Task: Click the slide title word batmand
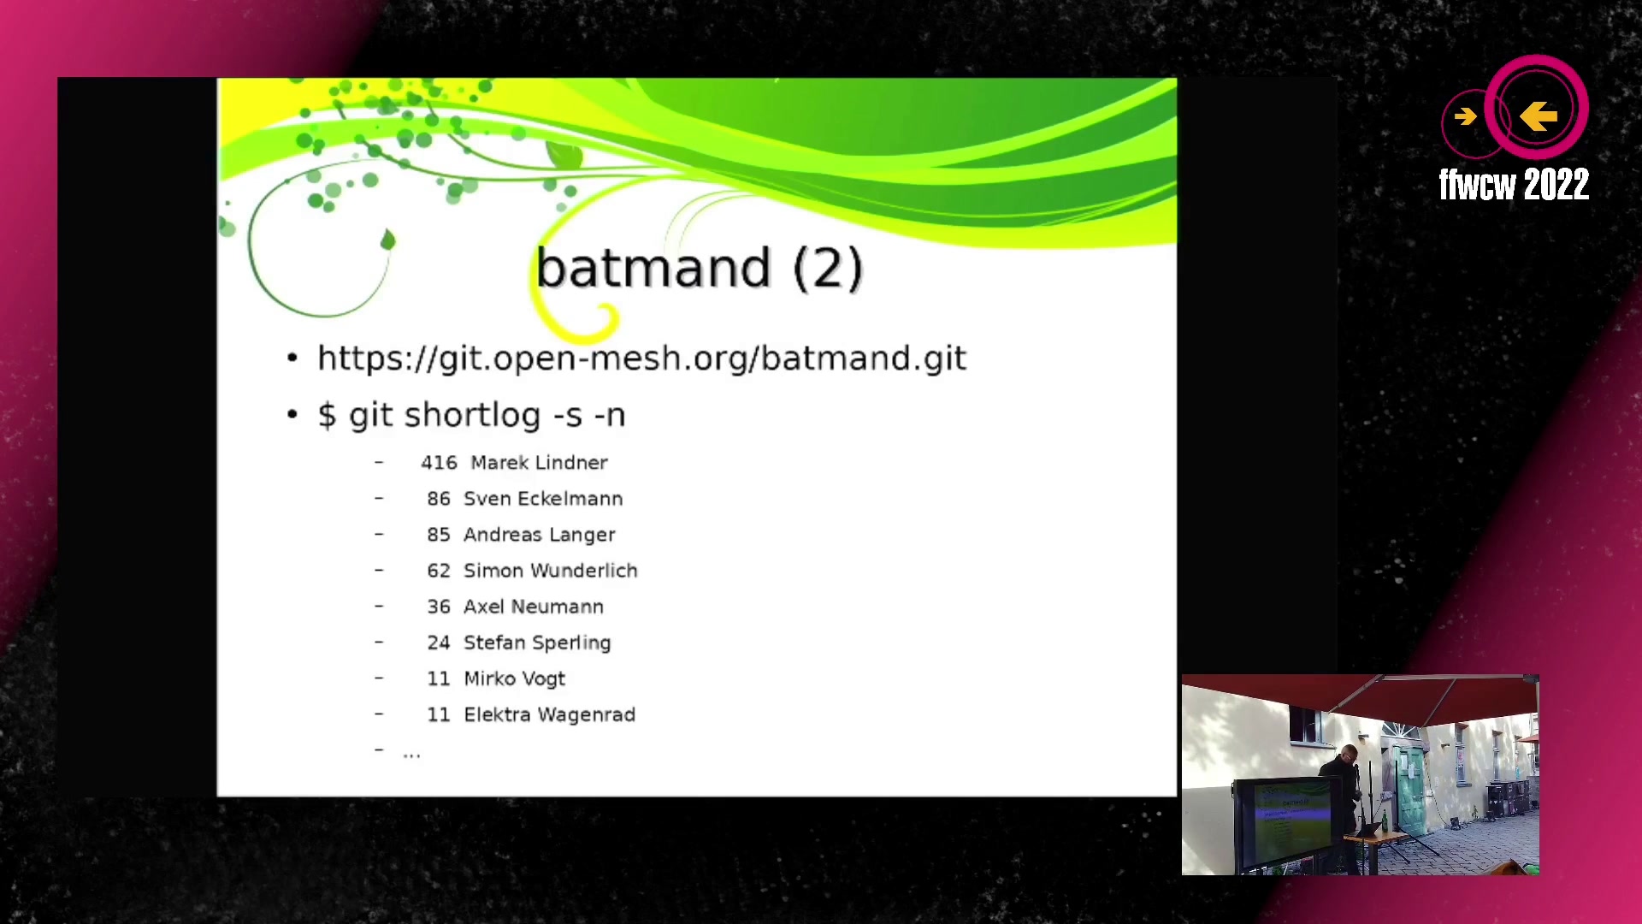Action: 653,268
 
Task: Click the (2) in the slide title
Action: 828,269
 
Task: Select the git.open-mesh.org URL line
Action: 641,358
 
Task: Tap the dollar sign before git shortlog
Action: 327,415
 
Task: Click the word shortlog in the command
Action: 473,416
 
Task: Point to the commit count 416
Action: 439,463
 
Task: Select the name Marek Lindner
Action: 539,463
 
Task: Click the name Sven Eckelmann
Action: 543,499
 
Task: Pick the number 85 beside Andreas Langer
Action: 439,535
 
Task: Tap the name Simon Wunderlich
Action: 550,571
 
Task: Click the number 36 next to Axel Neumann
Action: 439,607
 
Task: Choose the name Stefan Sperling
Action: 537,643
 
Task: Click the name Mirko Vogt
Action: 514,679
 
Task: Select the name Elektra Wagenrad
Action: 549,715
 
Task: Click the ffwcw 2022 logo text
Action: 1514,185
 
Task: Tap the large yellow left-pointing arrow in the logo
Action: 1539,115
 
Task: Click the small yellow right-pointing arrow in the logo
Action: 1465,116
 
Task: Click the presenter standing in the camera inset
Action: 1347,796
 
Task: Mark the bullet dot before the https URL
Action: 292,358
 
